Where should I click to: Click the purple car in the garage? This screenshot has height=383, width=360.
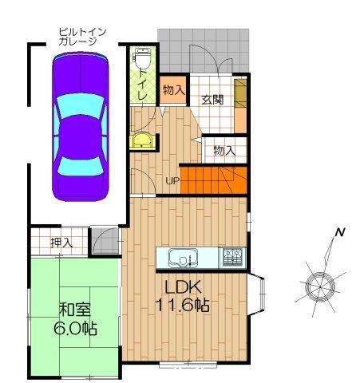click(x=81, y=126)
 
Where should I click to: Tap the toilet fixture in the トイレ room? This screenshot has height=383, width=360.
click(x=143, y=58)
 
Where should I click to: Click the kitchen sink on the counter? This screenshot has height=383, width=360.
click(x=183, y=258)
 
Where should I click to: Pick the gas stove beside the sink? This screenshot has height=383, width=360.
click(x=232, y=257)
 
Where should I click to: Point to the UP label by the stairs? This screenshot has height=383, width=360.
click(x=172, y=181)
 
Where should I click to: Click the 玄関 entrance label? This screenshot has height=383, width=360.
click(x=212, y=100)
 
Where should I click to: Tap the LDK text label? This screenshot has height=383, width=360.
click(x=183, y=287)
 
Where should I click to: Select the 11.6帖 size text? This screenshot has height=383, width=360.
click(x=182, y=305)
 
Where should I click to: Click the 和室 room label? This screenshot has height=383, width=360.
click(x=75, y=309)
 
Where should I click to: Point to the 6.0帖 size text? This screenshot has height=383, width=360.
click(x=75, y=328)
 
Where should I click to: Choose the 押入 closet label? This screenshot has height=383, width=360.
click(x=61, y=243)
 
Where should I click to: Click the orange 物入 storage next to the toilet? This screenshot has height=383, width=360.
click(x=173, y=90)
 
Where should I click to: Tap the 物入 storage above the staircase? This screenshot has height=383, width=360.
click(x=225, y=151)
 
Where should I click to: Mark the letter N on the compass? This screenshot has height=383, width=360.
click(x=340, y=232)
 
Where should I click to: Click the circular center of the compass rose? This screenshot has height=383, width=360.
click(x=320, y=286)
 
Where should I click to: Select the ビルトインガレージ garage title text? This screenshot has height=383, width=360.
click(x=82, y=37)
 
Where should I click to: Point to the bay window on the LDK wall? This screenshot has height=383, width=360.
click(x=256, y=294)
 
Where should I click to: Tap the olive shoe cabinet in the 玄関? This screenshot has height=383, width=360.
click(x=240, y=93)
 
